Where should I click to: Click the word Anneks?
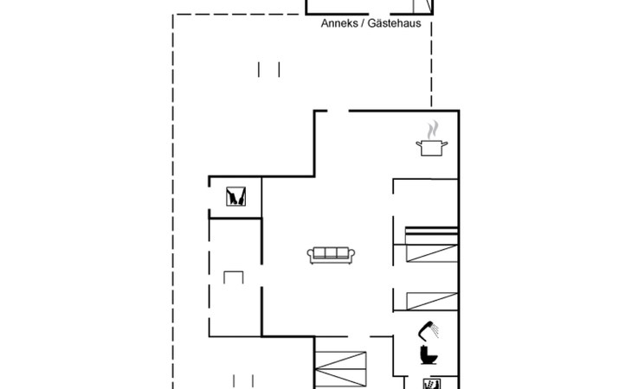339,23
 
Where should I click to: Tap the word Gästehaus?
394,23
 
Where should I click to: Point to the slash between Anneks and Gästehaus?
363,23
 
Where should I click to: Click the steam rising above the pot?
433,130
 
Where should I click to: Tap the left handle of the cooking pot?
418,143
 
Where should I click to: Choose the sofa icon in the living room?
331,256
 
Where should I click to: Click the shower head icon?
427,330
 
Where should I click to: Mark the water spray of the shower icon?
435,331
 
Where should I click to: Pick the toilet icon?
429,355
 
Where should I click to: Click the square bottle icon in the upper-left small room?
235,196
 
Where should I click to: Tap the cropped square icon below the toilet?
432,384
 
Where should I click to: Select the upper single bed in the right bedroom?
432,253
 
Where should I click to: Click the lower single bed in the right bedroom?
432,302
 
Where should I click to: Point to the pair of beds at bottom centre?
340,370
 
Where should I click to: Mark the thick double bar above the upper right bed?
432,231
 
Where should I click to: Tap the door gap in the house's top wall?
339,111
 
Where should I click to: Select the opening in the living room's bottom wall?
358,336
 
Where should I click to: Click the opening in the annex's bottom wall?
379,14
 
